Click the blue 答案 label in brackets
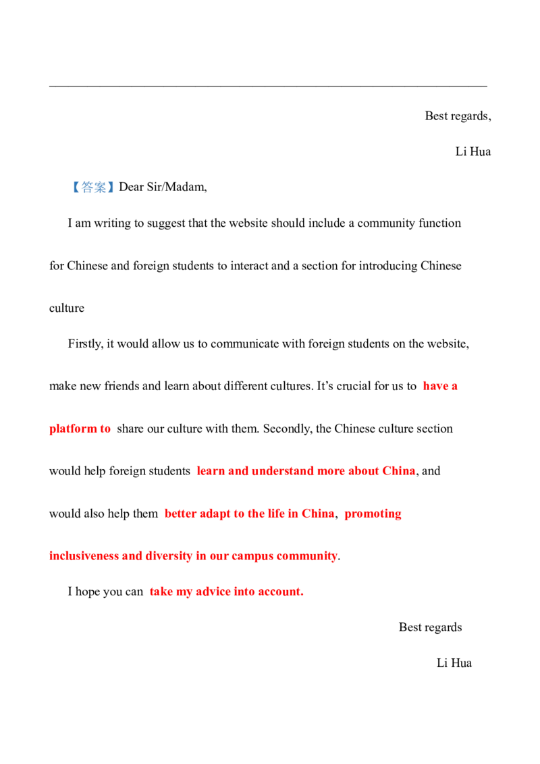93,187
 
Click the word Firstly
85,344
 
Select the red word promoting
373,514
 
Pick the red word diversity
169,556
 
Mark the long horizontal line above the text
268,86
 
